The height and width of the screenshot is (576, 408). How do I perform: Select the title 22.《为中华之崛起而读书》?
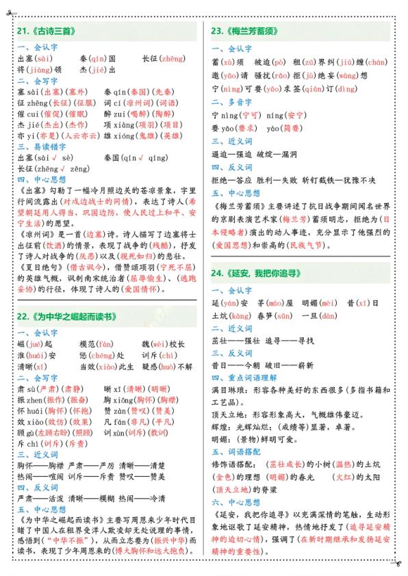(66, 317)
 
